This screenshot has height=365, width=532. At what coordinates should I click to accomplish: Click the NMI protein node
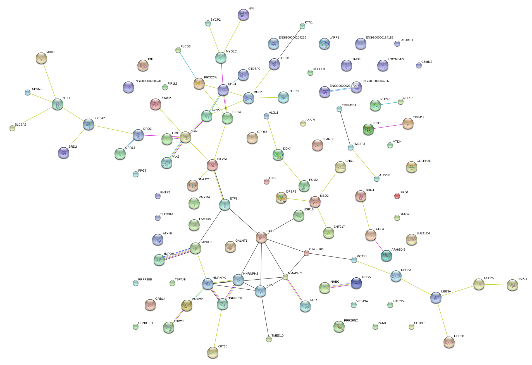coord(243,15)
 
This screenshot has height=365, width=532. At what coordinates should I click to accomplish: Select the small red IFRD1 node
coord(397,196)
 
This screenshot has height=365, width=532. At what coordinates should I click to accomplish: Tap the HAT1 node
coord(261,237)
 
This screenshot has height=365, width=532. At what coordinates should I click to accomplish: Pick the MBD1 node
coord(41,58)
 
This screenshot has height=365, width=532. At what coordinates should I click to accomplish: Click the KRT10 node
coord(213,352)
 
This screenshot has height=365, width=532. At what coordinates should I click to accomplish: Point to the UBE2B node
coord(449,342)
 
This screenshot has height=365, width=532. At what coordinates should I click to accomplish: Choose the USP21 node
coord(512,285)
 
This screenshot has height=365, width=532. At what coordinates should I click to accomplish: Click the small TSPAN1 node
coord(28,92)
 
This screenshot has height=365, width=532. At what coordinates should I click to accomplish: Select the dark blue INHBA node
coord(356,283)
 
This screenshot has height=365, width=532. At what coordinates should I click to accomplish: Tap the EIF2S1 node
coord(212,165)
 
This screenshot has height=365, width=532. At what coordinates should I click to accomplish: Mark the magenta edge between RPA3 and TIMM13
coord(388,127)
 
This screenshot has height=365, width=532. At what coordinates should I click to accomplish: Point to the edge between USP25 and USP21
coord(496,285)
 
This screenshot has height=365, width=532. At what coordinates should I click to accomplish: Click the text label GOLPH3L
coord(423,161)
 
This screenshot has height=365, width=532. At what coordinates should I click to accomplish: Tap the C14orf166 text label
coord(316,249)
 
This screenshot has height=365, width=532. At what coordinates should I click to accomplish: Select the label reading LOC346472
coord(396,59)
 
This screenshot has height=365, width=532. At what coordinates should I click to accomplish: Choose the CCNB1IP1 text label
coord(145,323)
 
